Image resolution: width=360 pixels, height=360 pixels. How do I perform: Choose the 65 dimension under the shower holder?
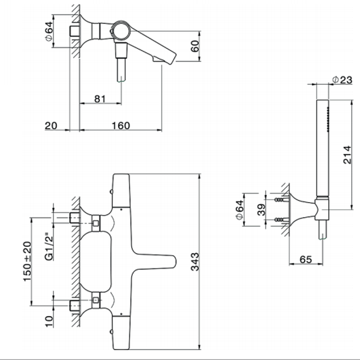click(x=305, y=260)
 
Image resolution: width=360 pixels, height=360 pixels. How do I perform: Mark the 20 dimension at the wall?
click(x=51, y=125)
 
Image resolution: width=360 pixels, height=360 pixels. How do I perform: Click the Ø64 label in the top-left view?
click(x=49, y=34)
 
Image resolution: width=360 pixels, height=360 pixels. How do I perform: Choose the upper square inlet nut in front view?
click(x=96, y=223)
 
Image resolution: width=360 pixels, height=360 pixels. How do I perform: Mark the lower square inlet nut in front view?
click(x=96, y=297)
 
